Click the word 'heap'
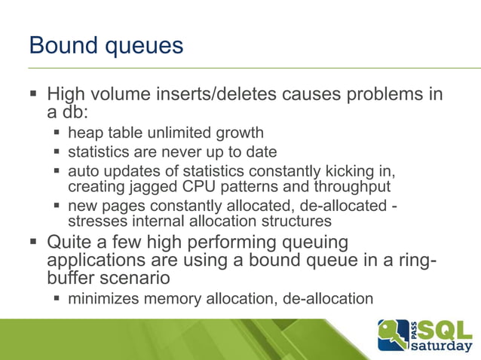[x=82, y=133]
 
